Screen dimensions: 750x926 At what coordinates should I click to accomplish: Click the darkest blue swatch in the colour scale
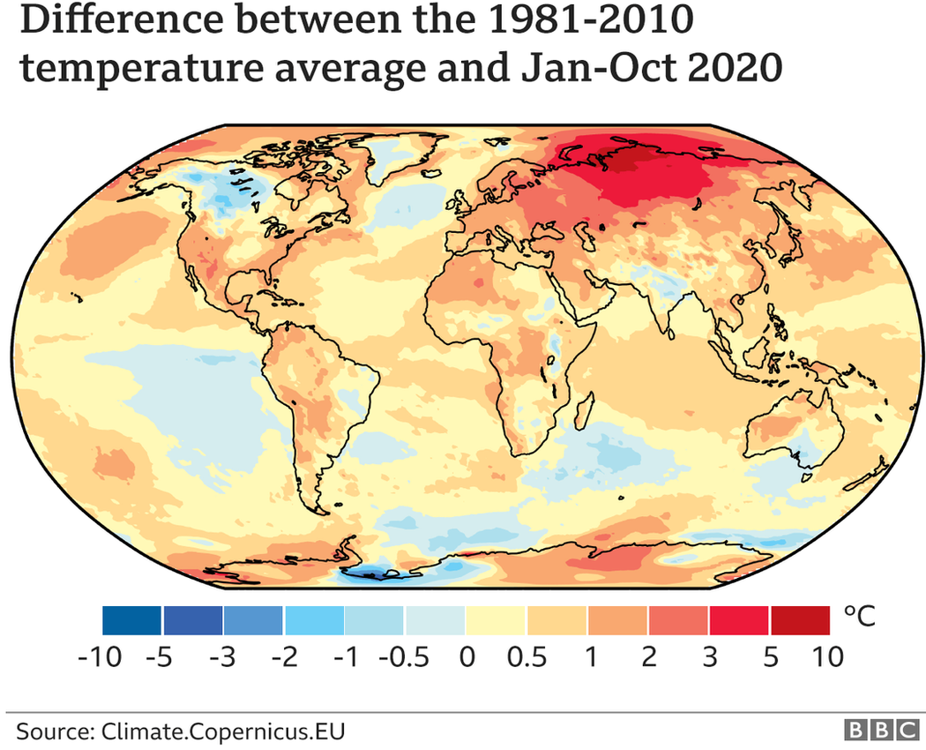[x=131, y=620]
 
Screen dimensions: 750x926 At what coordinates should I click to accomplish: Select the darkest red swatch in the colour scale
[x=801, y=620]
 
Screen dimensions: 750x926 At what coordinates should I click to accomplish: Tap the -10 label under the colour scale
[x=118, y=657]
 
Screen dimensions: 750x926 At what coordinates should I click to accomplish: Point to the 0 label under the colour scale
[x=467, y=657]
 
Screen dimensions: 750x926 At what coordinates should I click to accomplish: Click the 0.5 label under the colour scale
[x=527, y=657]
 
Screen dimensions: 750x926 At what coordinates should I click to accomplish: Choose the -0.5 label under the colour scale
[x=402, y=657]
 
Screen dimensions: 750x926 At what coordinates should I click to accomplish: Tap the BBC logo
[x=881, y=731]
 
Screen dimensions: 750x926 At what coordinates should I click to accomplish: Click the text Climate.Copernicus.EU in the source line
[x=222, y=731]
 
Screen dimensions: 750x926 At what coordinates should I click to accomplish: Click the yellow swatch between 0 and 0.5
[x=497, y=620]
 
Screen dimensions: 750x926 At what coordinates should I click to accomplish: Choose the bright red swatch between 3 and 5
[x=740, y=620]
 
